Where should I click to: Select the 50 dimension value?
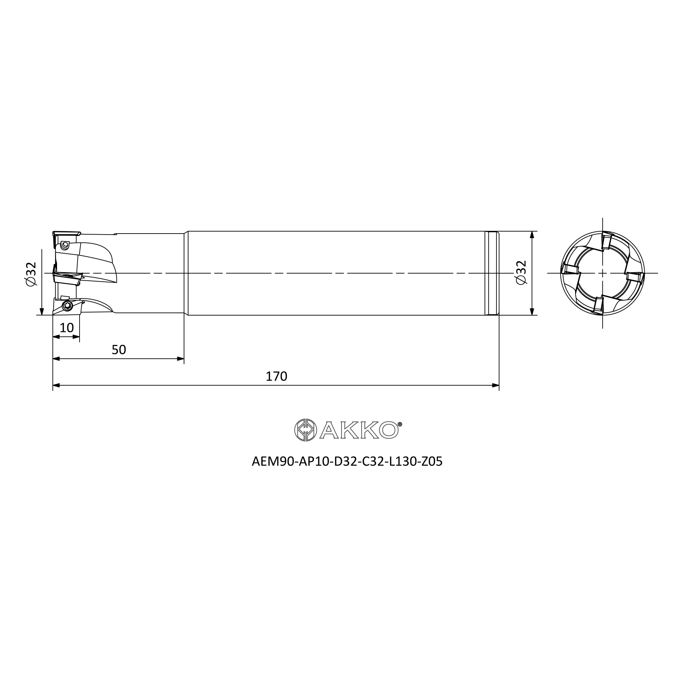coord(119,350)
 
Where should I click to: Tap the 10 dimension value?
coord(67,328)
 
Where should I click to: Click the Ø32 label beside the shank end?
coord(521,273)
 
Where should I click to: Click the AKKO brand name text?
coord(360,430)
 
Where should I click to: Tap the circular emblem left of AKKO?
coord(305,430)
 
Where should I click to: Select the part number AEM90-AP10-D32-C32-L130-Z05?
coord(347,462)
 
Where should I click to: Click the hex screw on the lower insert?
coord(67,305)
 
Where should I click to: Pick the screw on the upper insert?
coord(64,245)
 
